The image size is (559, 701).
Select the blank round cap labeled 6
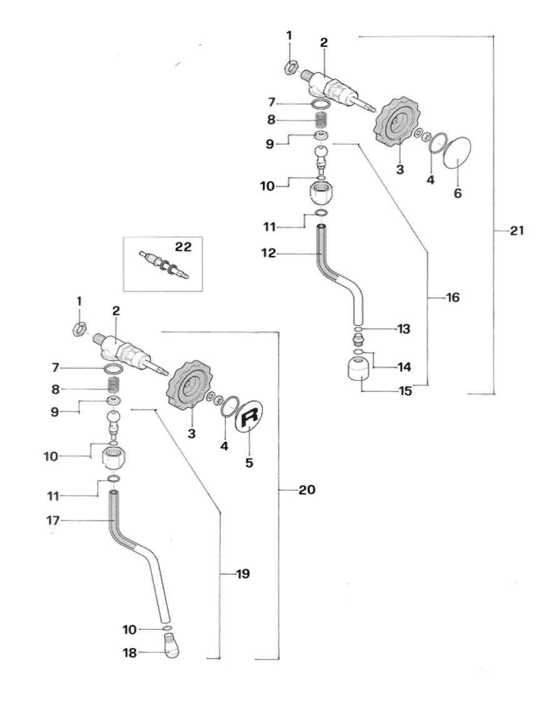(x=457, y=153)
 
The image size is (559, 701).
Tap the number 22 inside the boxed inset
(x=183, y=247)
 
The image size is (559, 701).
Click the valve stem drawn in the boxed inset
(x=164, y=264)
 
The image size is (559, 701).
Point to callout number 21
(x=517, y=231)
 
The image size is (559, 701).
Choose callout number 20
(x=307, y=489)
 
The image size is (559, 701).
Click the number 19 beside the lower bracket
(x=243, y=574)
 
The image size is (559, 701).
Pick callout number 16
(x=453, y=297)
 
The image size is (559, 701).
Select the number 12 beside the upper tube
(x=269, y=253)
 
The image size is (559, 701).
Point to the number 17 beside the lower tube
(x=52, y=521)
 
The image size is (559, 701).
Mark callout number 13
(x=404, y=329)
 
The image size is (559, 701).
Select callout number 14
(x=404, y=367)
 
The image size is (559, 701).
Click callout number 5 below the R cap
(x=249, y=463)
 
